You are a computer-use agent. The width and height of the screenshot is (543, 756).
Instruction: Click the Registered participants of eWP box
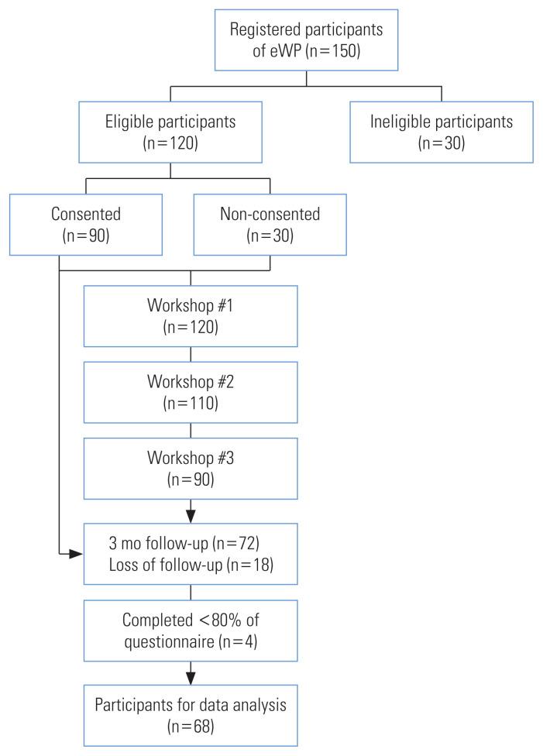[306, 39]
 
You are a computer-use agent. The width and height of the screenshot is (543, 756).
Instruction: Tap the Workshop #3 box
[191, 468]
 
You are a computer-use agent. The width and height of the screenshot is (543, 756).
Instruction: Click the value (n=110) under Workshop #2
[191, 404]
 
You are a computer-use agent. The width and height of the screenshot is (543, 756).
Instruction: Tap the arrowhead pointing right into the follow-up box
[77, 555]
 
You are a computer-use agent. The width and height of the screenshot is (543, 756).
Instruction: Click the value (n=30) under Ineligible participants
[441, 143]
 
